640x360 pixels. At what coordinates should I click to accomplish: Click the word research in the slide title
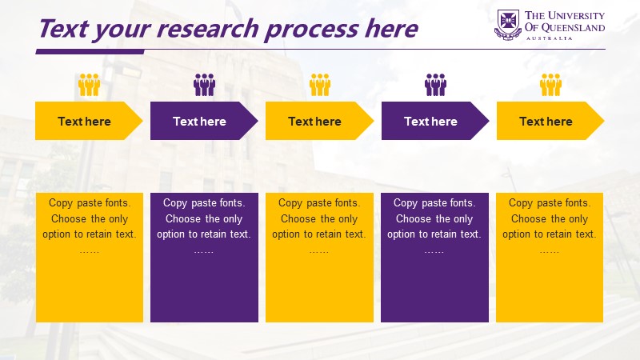(208, 29)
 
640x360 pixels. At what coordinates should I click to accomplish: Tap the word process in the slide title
(312, 30)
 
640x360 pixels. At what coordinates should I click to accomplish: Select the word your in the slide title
(123, 30)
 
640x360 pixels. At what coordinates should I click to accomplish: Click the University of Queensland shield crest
(508, 25)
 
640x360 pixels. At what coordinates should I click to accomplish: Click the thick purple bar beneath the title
(90, 52)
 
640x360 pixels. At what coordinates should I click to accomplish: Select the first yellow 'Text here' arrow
(89, 121)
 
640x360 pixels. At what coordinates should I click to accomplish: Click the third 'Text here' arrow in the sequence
(319, 121)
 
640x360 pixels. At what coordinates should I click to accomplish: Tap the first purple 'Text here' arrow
(204, 121)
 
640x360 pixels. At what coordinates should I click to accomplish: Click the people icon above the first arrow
(90, 85)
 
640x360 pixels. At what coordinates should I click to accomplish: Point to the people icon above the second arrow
(205, 85)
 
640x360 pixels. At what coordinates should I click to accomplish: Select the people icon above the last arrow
(550, 85)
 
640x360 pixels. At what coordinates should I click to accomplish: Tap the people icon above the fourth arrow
(435, 85)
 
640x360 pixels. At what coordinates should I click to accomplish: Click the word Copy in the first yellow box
(61, 203)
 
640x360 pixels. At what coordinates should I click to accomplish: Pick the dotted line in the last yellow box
(550, 252)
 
